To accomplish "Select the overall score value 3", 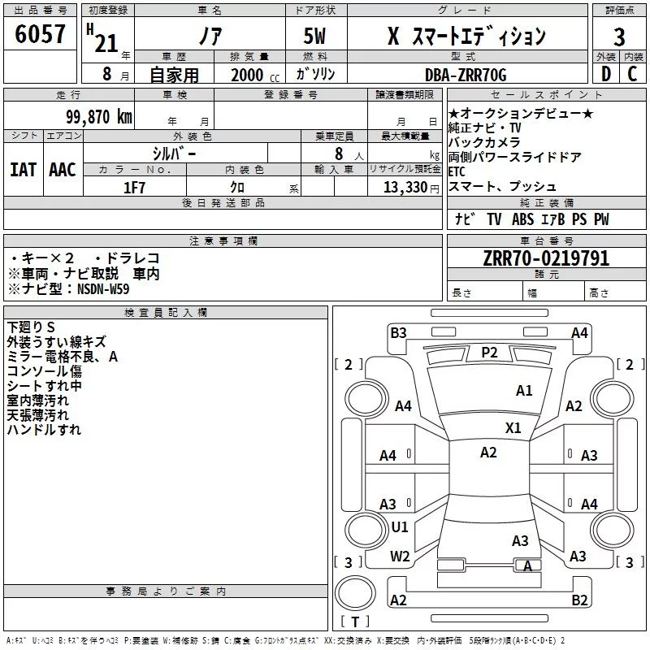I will tap(619, 37).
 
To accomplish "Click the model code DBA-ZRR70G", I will tap(466, 75).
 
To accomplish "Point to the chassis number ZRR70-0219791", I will tap(546, 258).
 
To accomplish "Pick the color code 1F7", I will tap(135, 187).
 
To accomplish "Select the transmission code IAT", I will tap(23, 170).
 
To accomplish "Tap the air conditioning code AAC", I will tap(62, 170).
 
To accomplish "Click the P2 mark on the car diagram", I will tap(489, 352).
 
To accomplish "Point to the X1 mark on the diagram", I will tap(513, 427).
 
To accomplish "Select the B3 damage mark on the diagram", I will tap(398, 332).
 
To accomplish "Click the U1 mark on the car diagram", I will tap(400, 527).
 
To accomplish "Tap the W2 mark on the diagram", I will tap(400, 557).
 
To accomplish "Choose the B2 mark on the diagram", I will tap(579, 600).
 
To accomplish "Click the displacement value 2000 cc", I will tap(254, 75).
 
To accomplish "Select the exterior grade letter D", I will tap(604, 75).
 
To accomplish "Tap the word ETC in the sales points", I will tap(458, 172).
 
